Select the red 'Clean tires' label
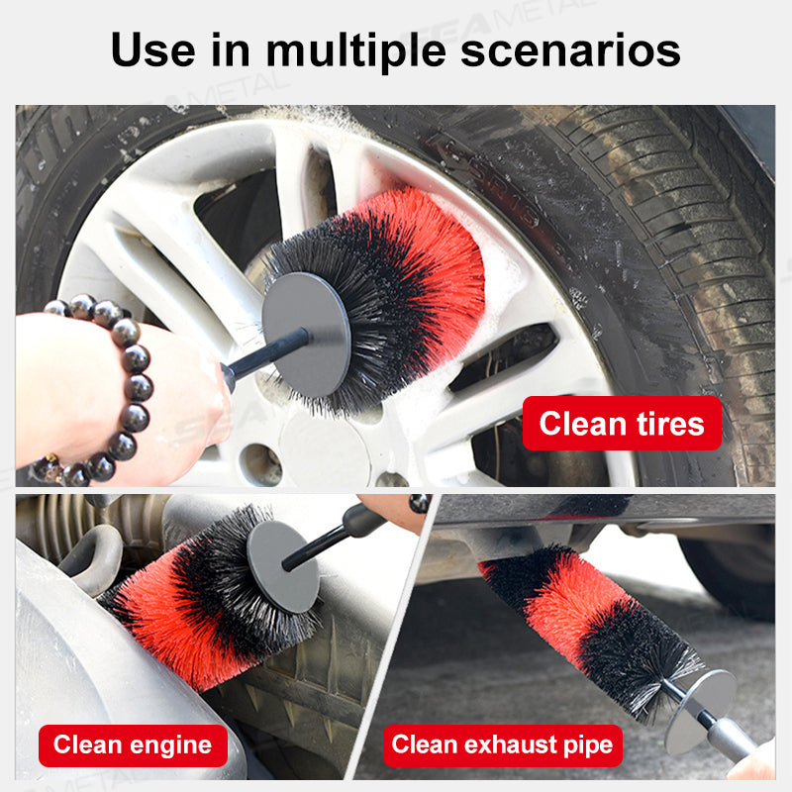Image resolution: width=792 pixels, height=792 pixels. pos(622,424)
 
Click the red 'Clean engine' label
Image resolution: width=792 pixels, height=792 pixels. pos(133,744)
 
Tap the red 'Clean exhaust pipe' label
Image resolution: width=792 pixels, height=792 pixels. pos(502,744)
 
